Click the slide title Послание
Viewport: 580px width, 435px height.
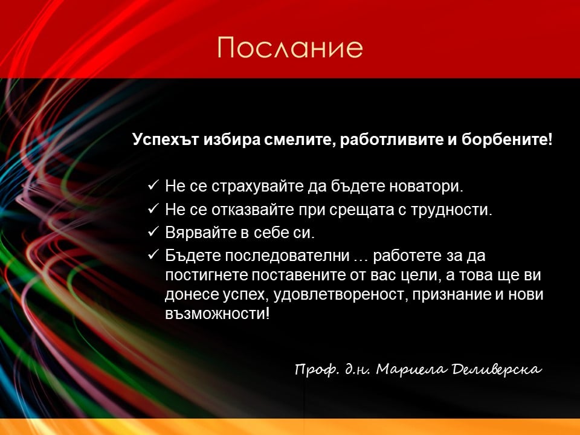click(290, 47)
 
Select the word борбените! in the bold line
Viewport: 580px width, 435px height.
click(507, 140)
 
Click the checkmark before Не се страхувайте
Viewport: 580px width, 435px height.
click(153, 185)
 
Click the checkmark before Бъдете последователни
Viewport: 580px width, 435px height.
click(153, 254)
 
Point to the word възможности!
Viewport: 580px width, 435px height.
click(217, 314)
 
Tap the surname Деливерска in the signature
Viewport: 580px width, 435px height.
click(497, 369)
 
